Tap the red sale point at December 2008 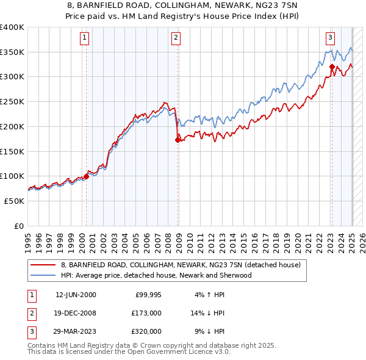178,140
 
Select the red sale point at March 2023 332,67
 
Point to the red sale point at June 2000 86,176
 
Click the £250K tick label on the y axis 12,101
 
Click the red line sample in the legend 44,265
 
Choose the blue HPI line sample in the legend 44,276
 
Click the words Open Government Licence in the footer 155,353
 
